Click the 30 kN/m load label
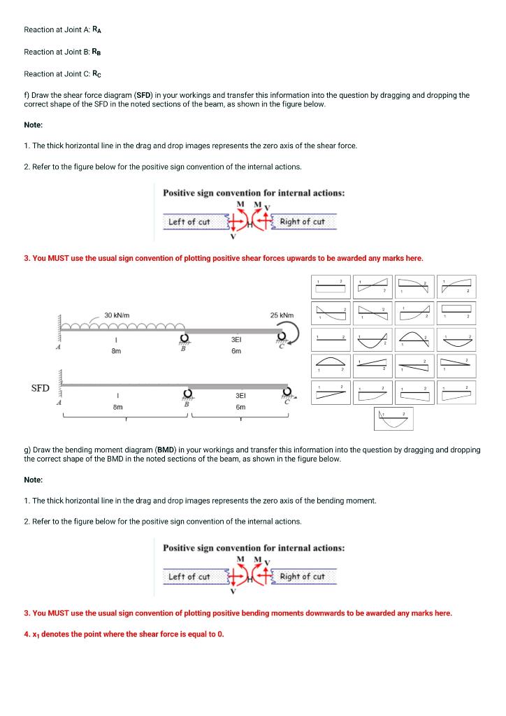118,315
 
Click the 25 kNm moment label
281,315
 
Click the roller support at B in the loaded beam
185,340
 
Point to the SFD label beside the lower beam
41,387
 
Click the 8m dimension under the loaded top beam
117,352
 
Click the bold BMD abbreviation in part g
166,450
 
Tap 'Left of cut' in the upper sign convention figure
189,222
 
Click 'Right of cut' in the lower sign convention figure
302,577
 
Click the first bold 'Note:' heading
34,124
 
